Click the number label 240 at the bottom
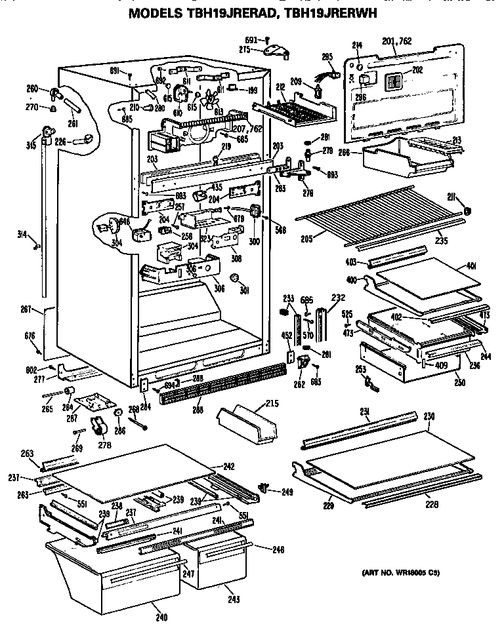point(161,617)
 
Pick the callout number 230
point(429,416)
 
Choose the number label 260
point(31,89)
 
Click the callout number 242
point(228,466)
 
